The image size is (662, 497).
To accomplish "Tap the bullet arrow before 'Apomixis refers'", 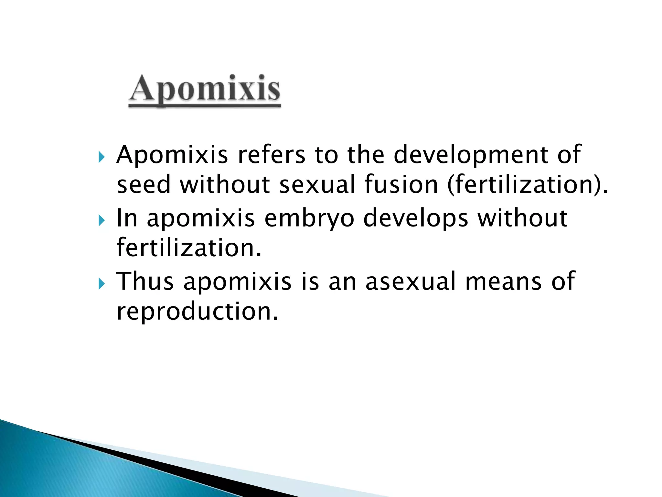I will tap(101, 158).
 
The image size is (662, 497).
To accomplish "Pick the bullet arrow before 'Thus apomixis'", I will tap(101, 284).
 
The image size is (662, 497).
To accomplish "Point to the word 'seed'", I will tap(143, 184).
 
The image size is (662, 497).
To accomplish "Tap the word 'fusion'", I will tap(401, 184).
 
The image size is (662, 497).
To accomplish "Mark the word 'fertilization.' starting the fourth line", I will tap(189, 248).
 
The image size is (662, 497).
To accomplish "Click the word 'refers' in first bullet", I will tap(271, 155).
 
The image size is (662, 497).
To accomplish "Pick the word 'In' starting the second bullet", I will tap(127, 218).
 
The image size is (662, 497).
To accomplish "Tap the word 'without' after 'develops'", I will tap(522, 218).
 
